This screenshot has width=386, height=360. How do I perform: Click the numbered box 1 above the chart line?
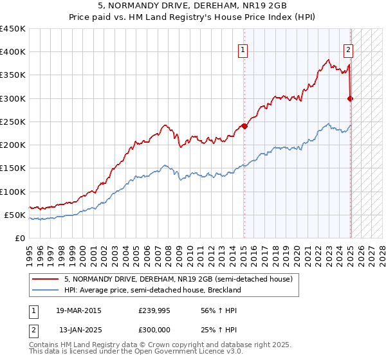point(244,52)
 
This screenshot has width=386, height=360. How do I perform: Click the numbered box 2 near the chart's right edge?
point(348,52)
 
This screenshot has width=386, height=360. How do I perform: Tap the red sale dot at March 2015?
point(244,126)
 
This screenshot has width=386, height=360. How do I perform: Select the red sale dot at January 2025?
point(351,98)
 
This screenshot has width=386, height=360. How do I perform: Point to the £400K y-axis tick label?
point(13,52)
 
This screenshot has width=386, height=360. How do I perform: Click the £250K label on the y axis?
point(13,122)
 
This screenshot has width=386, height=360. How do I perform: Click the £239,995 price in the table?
point(153,310)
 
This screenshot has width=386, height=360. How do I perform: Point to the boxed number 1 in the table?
point(33,310)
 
